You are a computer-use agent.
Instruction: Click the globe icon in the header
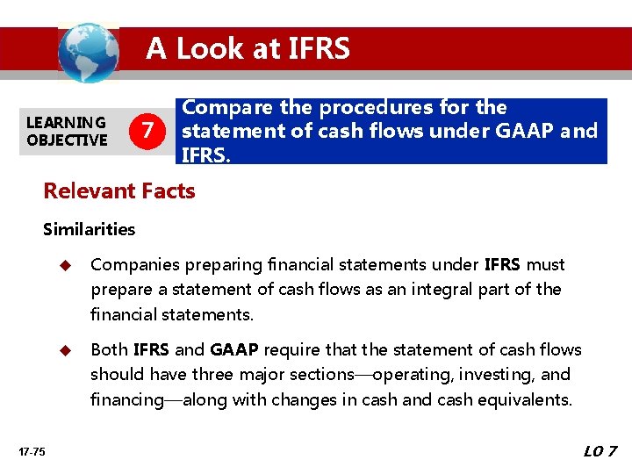click(x=88, y=52)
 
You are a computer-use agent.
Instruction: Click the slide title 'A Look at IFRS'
click(x=248, y=48)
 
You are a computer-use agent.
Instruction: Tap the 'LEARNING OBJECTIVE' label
click(x=67, y=131)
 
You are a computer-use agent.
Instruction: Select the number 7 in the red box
click(x=150, y=131)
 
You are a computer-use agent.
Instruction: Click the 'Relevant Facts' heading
click(x=119, y=190)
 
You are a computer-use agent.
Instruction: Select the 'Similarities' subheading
click(x=90, y=229)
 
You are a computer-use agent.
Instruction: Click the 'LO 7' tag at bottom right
click(x=600, y=452)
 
